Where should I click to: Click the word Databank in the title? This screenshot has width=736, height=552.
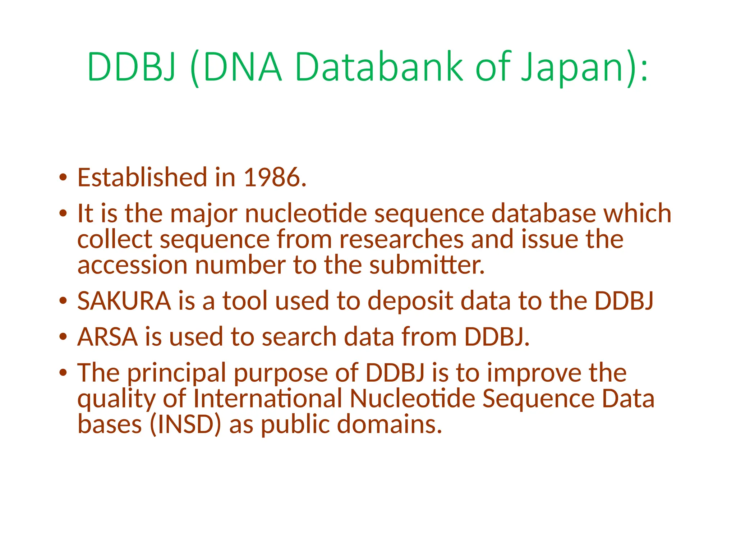coord(379,67)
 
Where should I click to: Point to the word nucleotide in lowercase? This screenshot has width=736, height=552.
coord(305,213)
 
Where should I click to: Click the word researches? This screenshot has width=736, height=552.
coord(401,239)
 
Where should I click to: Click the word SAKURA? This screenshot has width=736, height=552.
coord(124,301)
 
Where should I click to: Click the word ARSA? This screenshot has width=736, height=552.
coord(107,337)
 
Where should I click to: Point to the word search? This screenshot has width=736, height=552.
coord(299,337)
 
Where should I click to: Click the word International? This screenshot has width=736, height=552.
coord(268,399)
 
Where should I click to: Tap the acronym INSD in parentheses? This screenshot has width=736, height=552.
coord(185,424)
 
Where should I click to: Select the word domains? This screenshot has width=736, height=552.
coord(389,424)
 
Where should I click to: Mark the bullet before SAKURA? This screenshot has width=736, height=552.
coord(63,301)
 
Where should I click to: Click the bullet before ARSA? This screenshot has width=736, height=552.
coord(63,337)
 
